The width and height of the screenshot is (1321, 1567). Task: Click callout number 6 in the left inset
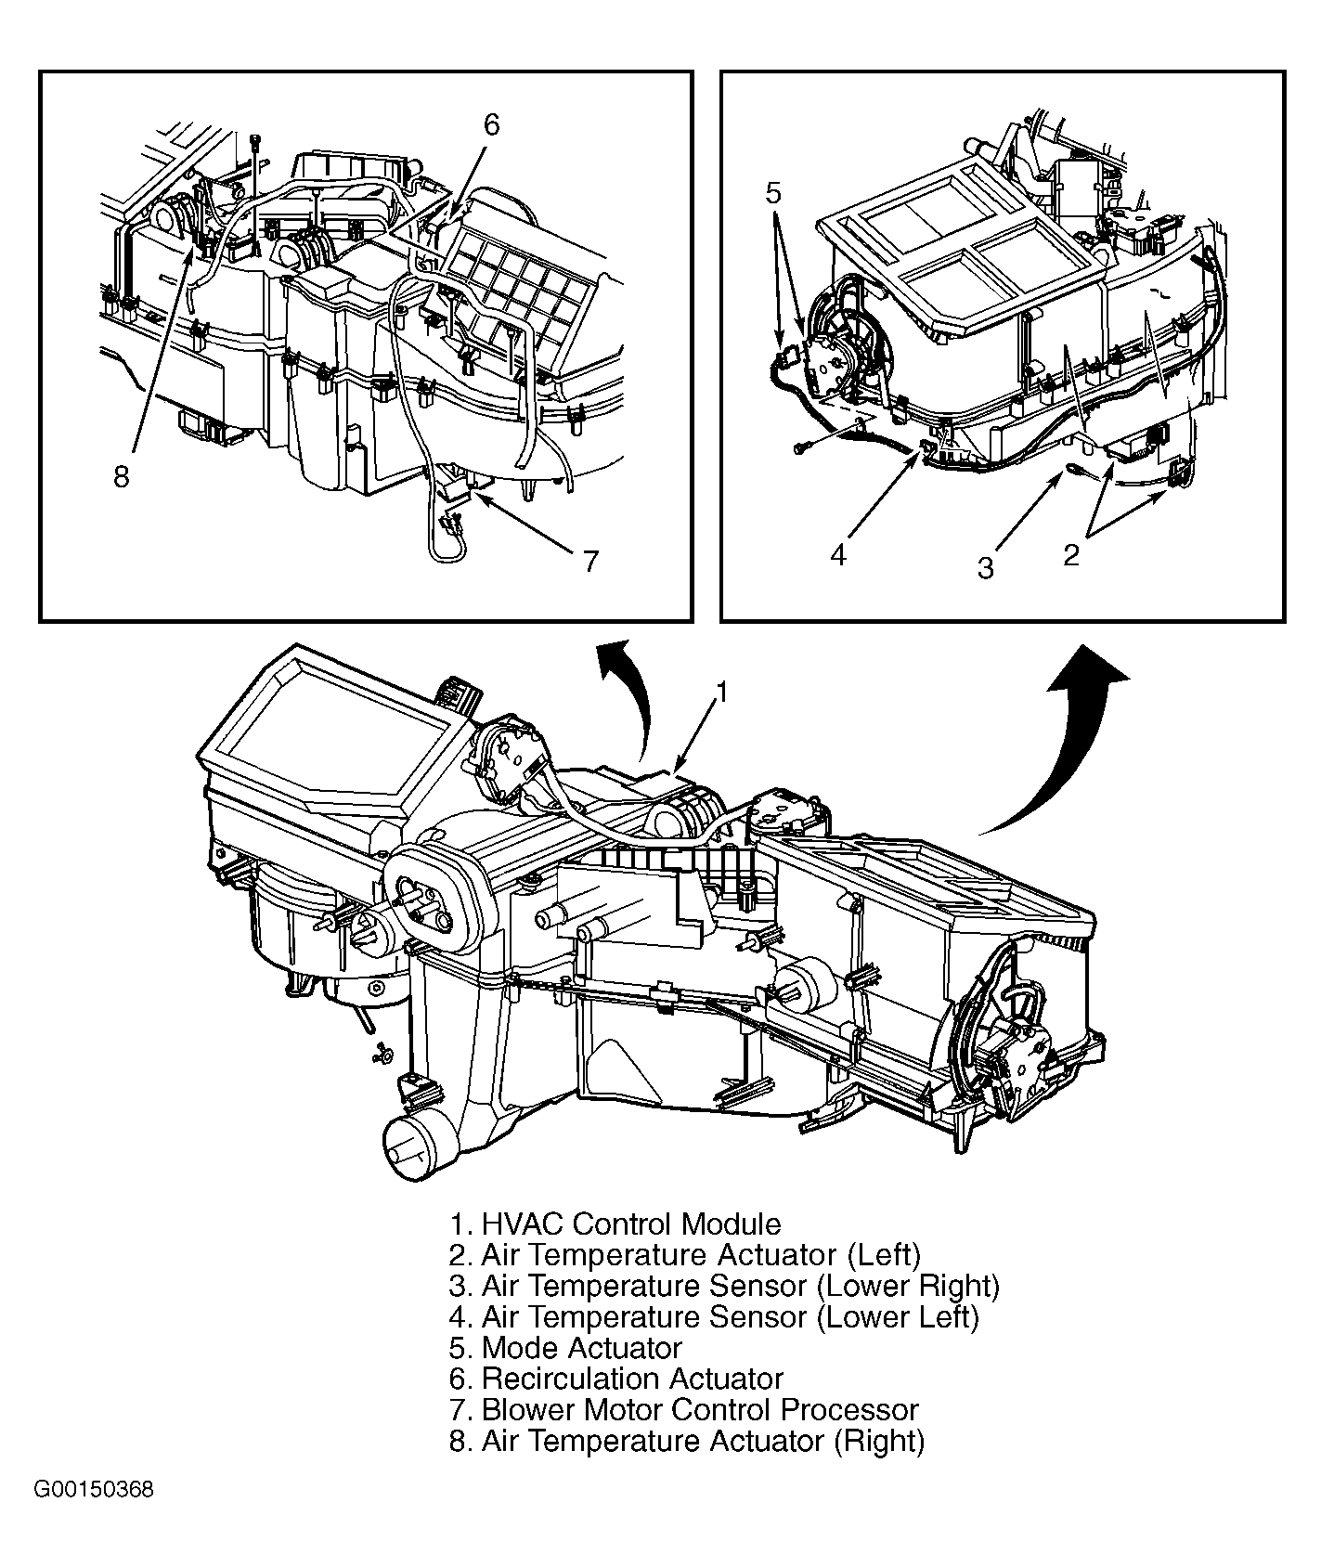[491, 124]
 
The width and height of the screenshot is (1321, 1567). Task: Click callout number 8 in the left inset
[122, 477]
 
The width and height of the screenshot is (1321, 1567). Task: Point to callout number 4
[838, 555]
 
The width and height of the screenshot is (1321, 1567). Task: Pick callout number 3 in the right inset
[986, 567]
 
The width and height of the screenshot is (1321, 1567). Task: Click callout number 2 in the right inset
[1071, 555]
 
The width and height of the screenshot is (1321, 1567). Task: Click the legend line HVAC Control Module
[615, 1224]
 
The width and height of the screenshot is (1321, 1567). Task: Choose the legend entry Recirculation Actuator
[616, 1379]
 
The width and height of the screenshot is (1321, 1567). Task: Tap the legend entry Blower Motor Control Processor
[683, 1410]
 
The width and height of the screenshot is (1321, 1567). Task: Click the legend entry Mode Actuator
[565, 1348]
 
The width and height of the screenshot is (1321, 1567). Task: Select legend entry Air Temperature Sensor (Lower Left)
[714, 1317]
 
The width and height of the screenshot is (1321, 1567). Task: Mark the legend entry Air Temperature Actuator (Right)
[687, 1441]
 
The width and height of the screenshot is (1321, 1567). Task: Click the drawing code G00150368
[94, 1516]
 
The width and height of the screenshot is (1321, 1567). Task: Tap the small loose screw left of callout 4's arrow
[799, 448]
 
